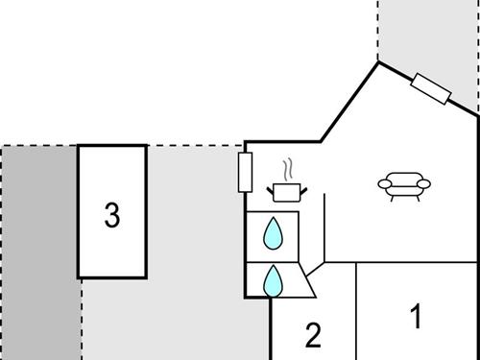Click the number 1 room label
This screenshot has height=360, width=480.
coord(416,316)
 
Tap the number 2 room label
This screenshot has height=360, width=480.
coord(313,335)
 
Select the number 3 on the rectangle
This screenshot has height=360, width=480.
coord(112,215)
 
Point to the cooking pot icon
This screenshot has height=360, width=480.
coord(284,192)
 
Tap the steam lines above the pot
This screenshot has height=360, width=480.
coord(285,169)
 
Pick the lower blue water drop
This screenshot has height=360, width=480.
coord(274,281)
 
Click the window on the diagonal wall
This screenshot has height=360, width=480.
coord(430,88)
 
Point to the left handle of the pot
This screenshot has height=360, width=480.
coord(270,188)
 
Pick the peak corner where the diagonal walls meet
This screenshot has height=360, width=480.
coord(377,62)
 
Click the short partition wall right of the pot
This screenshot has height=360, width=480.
coord(324,226)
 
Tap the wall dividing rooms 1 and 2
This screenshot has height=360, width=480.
coord(356,312)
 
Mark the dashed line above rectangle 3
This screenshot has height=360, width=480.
coord(192,146)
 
